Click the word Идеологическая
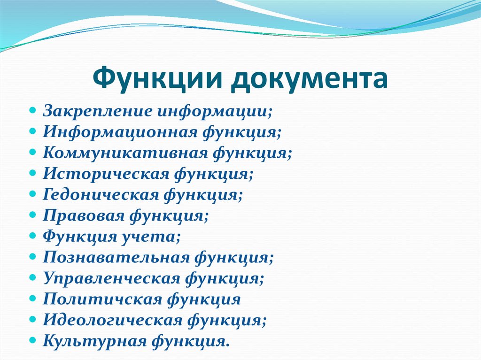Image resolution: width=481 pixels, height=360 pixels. tap(113, 320)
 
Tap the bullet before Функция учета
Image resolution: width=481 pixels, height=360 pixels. tap(32, 236)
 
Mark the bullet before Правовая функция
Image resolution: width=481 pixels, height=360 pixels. tap(32, 216)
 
